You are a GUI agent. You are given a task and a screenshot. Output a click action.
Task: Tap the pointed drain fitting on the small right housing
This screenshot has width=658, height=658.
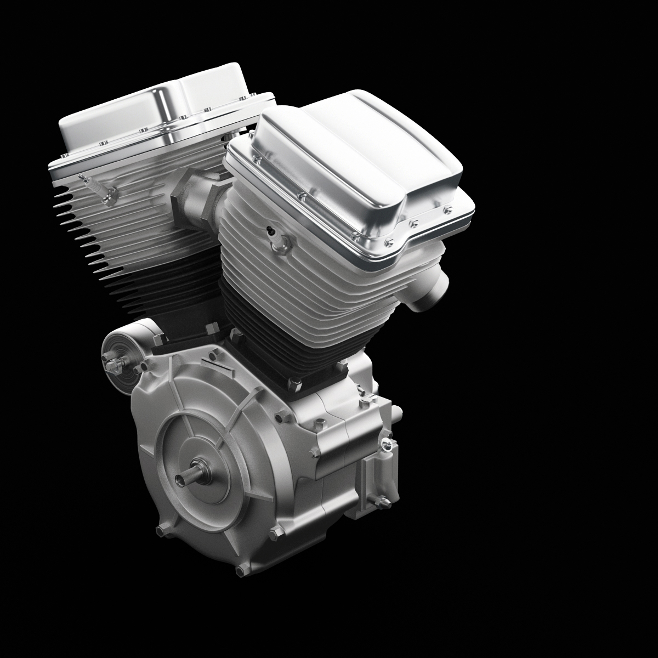(x=381, y=500)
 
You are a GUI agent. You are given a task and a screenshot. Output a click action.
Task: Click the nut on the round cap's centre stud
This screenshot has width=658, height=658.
(x=114, y=365)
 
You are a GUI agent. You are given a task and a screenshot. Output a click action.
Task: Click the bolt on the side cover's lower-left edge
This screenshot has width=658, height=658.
(x=161, y=530)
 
